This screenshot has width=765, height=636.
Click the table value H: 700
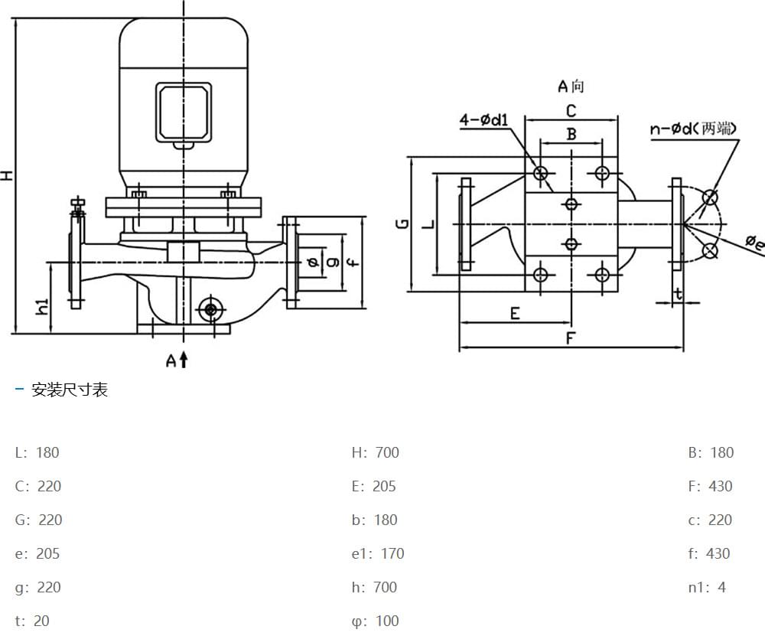point(375,452)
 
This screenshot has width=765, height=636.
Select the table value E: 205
point(373,486)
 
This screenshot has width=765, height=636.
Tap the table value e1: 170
point(377,553)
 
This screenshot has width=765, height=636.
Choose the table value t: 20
point(32,621)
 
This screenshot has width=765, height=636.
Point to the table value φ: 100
point(375,621)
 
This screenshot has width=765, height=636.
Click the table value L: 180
point(37,452)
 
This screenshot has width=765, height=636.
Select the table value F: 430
point(710,486)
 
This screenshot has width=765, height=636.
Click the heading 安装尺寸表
point(70,390)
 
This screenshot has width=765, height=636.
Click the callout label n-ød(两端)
point(693,129)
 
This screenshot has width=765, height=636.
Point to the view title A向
point(570,86)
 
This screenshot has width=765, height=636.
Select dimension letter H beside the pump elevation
point(7,175)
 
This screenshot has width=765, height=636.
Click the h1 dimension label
point(43,306)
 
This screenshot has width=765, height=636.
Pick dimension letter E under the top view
point(515,313)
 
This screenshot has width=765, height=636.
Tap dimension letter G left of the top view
point(402,223)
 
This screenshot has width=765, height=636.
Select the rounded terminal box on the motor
point(184,113)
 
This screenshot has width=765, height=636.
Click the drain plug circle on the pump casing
point(210,309)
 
